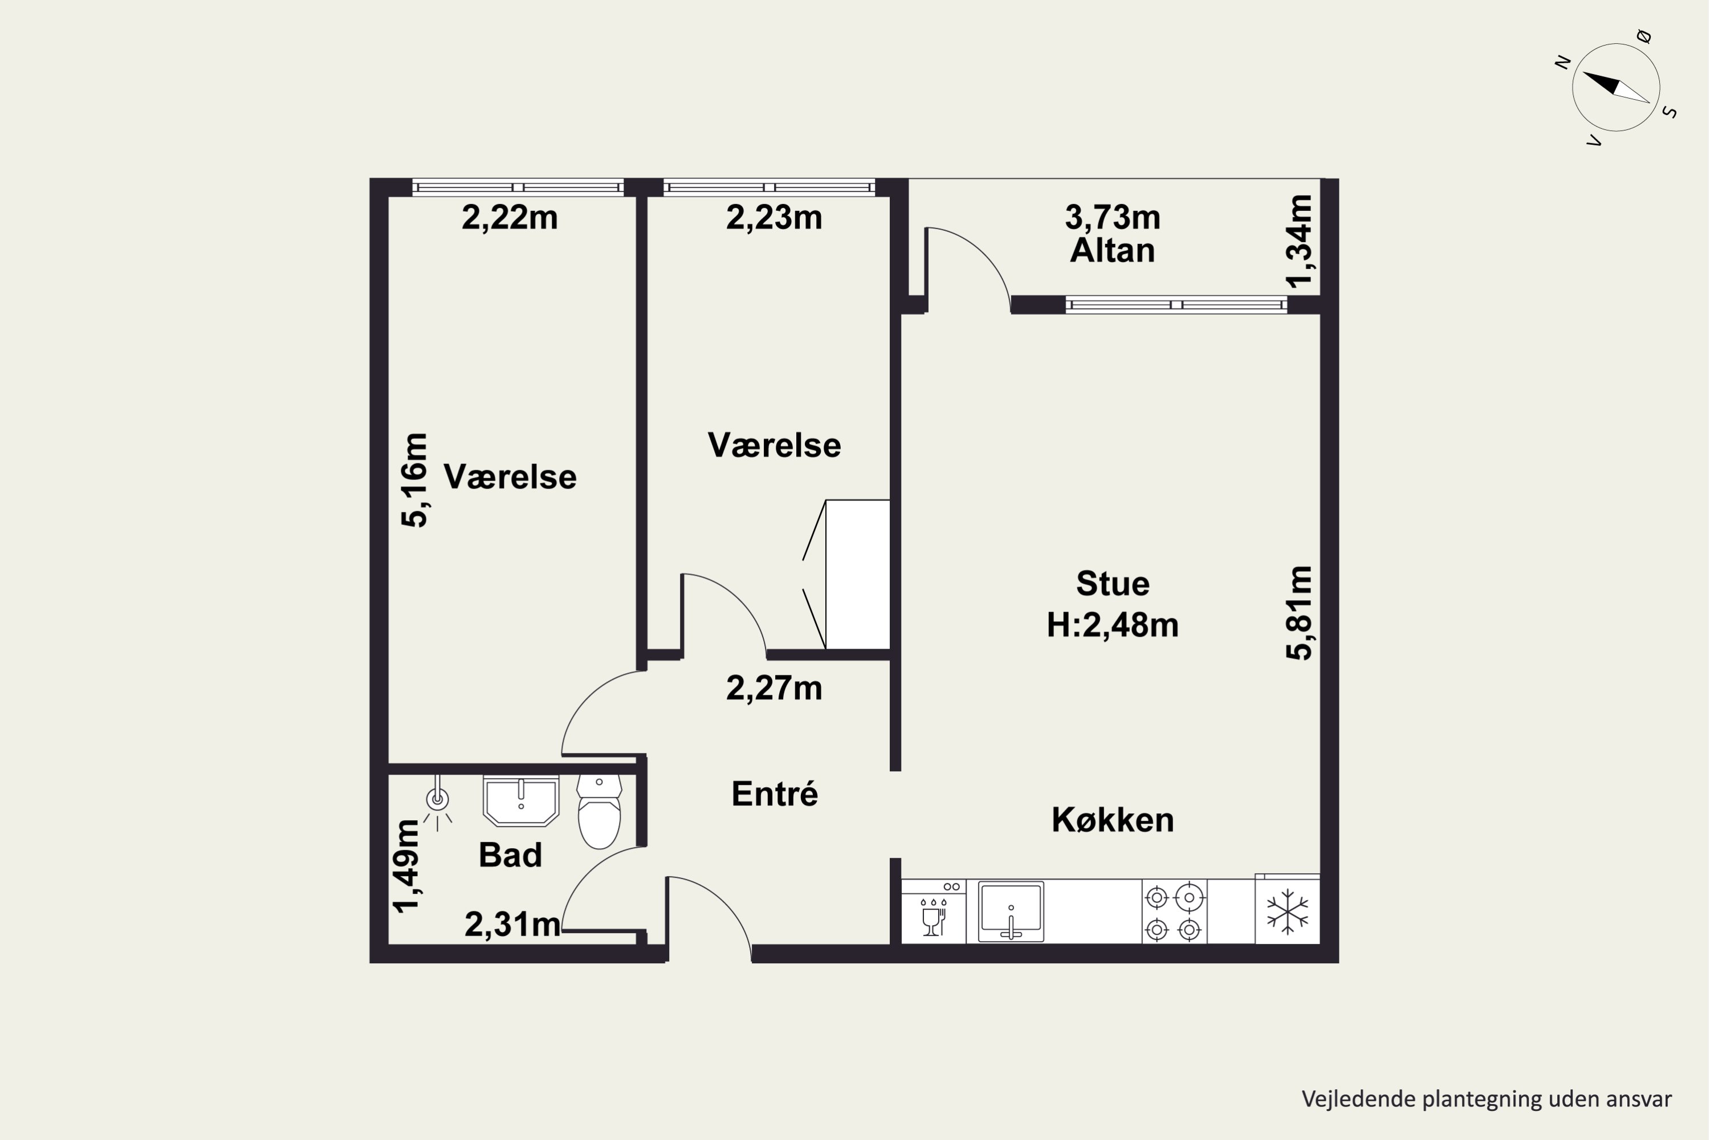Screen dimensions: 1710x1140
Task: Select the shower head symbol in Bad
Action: [437, 803]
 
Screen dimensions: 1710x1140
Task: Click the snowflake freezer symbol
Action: [1287, 911]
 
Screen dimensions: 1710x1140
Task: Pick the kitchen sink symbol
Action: [1011, 911]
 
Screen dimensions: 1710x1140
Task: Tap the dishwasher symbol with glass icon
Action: [934, 911]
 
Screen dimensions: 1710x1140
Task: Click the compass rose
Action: [1615, 87]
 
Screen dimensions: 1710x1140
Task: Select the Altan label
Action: [1113, 251]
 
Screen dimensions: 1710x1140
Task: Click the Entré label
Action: [774, 793]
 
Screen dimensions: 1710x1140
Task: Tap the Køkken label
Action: [1113, 820]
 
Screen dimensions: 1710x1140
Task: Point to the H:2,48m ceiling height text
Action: [1113, 625]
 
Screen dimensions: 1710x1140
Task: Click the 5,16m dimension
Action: [414, 480]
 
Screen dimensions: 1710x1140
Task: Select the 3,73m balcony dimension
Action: [1113, 217]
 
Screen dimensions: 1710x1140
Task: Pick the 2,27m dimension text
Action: [774, 689]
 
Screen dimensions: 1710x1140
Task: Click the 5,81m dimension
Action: [1299, 613]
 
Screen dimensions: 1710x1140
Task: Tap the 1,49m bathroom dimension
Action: [406, 866]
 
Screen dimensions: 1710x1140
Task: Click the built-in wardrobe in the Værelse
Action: [857, 575]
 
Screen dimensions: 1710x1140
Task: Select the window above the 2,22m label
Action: [518, 188]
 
